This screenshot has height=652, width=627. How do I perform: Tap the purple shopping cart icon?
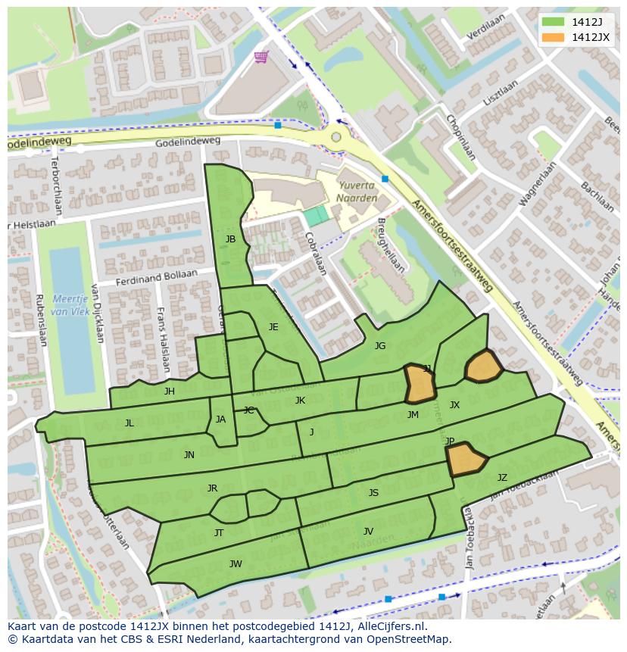coord(261,57)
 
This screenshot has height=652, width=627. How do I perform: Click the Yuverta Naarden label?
coord(356,191)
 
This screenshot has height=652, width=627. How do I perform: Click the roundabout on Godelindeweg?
coord(335,137)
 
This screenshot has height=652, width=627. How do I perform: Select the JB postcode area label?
coord(230,239)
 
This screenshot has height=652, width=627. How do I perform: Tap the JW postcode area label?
coord(236,563)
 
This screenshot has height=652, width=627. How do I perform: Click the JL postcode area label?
coord(129,423)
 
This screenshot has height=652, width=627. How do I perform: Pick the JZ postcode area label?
coord(502,478)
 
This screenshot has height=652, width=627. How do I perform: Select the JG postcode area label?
coord(380,346)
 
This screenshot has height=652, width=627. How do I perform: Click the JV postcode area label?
coord(368,532)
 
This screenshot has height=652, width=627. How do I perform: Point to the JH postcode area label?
coord(170,392)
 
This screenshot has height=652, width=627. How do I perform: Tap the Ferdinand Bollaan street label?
coord(156,278)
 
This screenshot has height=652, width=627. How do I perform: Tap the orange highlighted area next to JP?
coord(465,460)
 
